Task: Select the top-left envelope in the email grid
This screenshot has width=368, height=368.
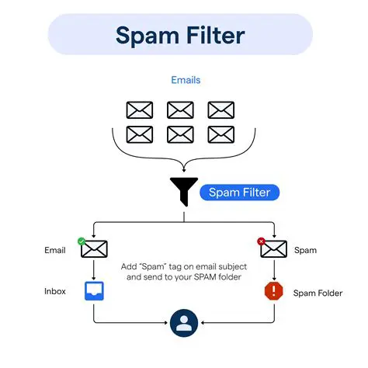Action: coord(140,109)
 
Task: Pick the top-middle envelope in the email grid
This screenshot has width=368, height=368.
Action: coord(180,109)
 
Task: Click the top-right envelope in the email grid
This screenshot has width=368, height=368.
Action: coord(221,109)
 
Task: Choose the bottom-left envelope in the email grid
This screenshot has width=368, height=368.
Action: coord(140,134)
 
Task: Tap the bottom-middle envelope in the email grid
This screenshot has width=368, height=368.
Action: coord(180,134)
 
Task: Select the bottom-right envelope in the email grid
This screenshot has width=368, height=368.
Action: coord(221,134)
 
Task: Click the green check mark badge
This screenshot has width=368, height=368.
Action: coord(82,241)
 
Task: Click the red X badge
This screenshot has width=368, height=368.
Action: coord(262,241)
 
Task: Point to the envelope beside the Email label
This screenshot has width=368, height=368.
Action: coord(94,250)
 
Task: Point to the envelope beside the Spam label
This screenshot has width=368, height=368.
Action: coord(274,250)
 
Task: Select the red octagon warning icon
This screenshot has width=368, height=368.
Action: coord(274,292)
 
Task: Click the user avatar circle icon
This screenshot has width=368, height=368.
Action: coord(184,323)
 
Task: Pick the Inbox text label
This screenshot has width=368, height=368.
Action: coord(55,292)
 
